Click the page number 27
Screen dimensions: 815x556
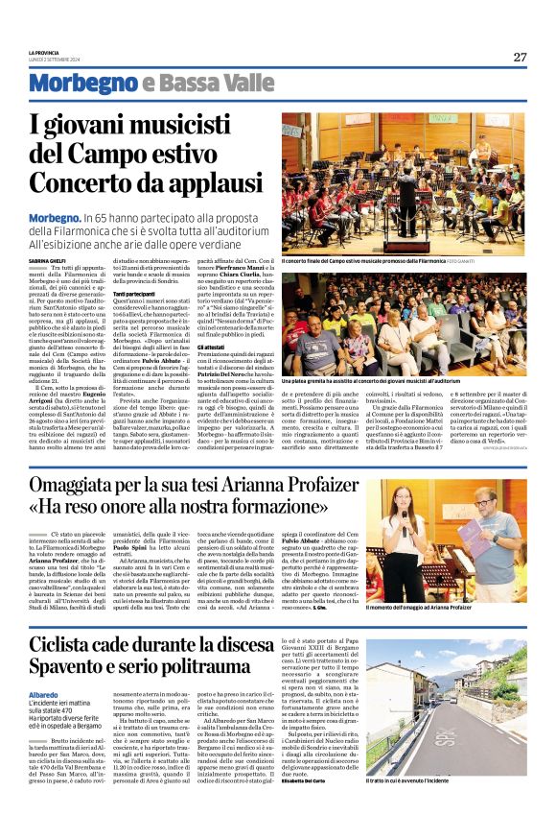(520, 57)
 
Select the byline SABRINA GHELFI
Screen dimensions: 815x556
(47, 260)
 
